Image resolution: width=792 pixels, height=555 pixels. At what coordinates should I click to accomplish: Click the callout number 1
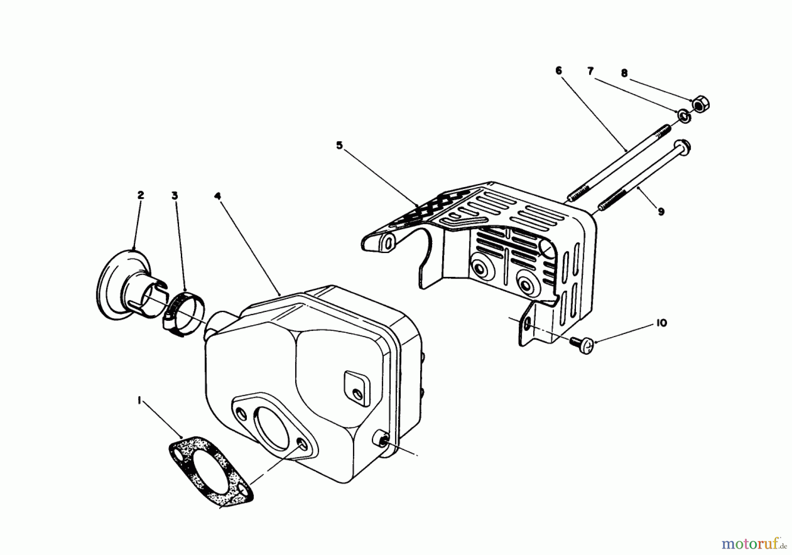tap(139, 400)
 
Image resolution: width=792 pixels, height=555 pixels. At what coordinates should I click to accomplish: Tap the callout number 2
tap(140, 195)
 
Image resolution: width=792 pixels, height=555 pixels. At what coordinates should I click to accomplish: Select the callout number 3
tap(175, 195)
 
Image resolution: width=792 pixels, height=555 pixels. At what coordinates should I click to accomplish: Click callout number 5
tap(339, 145)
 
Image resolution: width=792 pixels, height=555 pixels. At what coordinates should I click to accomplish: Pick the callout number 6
tap(558, 70)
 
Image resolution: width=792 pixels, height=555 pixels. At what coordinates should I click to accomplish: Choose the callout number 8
tap(624, 74)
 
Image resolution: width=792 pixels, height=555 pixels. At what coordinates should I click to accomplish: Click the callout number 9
tap(661, 212)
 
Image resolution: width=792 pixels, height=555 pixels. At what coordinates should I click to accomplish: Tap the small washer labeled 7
tap(683, 117)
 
